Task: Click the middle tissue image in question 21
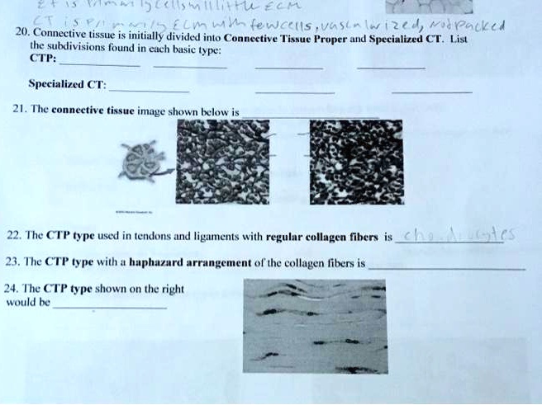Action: [x=223, y=160]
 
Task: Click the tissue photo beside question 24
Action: [x=315, y=325]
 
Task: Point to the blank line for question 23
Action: [x=446, y=269]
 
